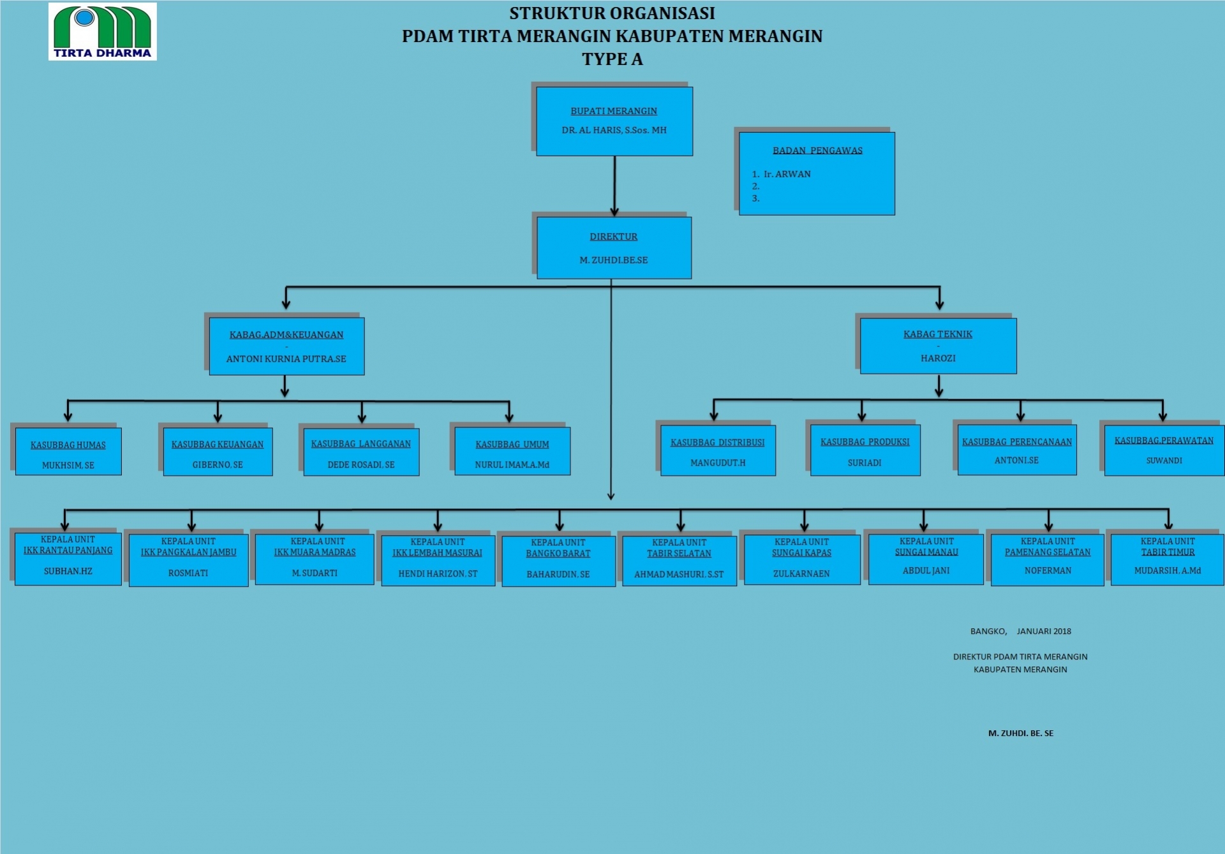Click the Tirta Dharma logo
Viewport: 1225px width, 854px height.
102,31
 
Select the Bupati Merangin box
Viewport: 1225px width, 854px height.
614,121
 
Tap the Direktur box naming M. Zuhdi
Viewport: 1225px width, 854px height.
614,248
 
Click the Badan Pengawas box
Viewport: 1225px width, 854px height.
817,173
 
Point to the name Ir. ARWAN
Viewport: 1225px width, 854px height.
787,174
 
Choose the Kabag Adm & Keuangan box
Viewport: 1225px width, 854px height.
286,346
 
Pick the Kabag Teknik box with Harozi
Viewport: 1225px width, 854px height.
938,346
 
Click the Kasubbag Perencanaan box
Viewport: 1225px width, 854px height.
1017,450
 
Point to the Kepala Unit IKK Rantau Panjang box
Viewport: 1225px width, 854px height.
68,559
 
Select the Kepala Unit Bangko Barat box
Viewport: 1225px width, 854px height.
558,561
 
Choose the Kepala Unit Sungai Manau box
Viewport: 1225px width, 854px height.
926,559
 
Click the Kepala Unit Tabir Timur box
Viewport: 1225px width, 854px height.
1168,559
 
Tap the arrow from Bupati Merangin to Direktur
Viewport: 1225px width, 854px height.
614,185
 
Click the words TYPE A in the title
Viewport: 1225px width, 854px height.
612,59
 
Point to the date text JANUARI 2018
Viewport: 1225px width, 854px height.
1044,631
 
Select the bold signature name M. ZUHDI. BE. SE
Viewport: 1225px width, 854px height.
1021,733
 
